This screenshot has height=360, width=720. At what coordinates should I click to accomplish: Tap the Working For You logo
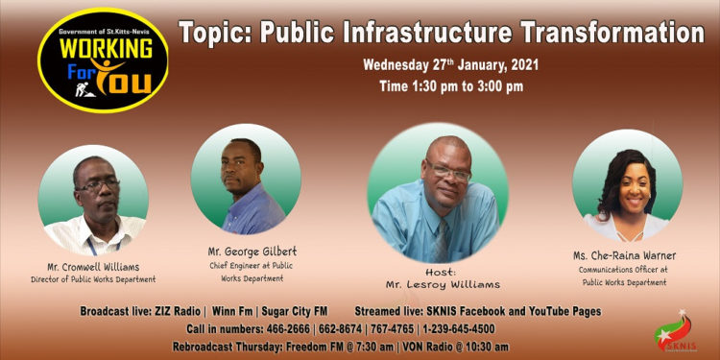coord(103,60)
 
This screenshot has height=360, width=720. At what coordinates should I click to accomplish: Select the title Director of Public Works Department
coord(94,280)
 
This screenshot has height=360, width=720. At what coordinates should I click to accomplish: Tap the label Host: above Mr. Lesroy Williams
coord(440,270)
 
